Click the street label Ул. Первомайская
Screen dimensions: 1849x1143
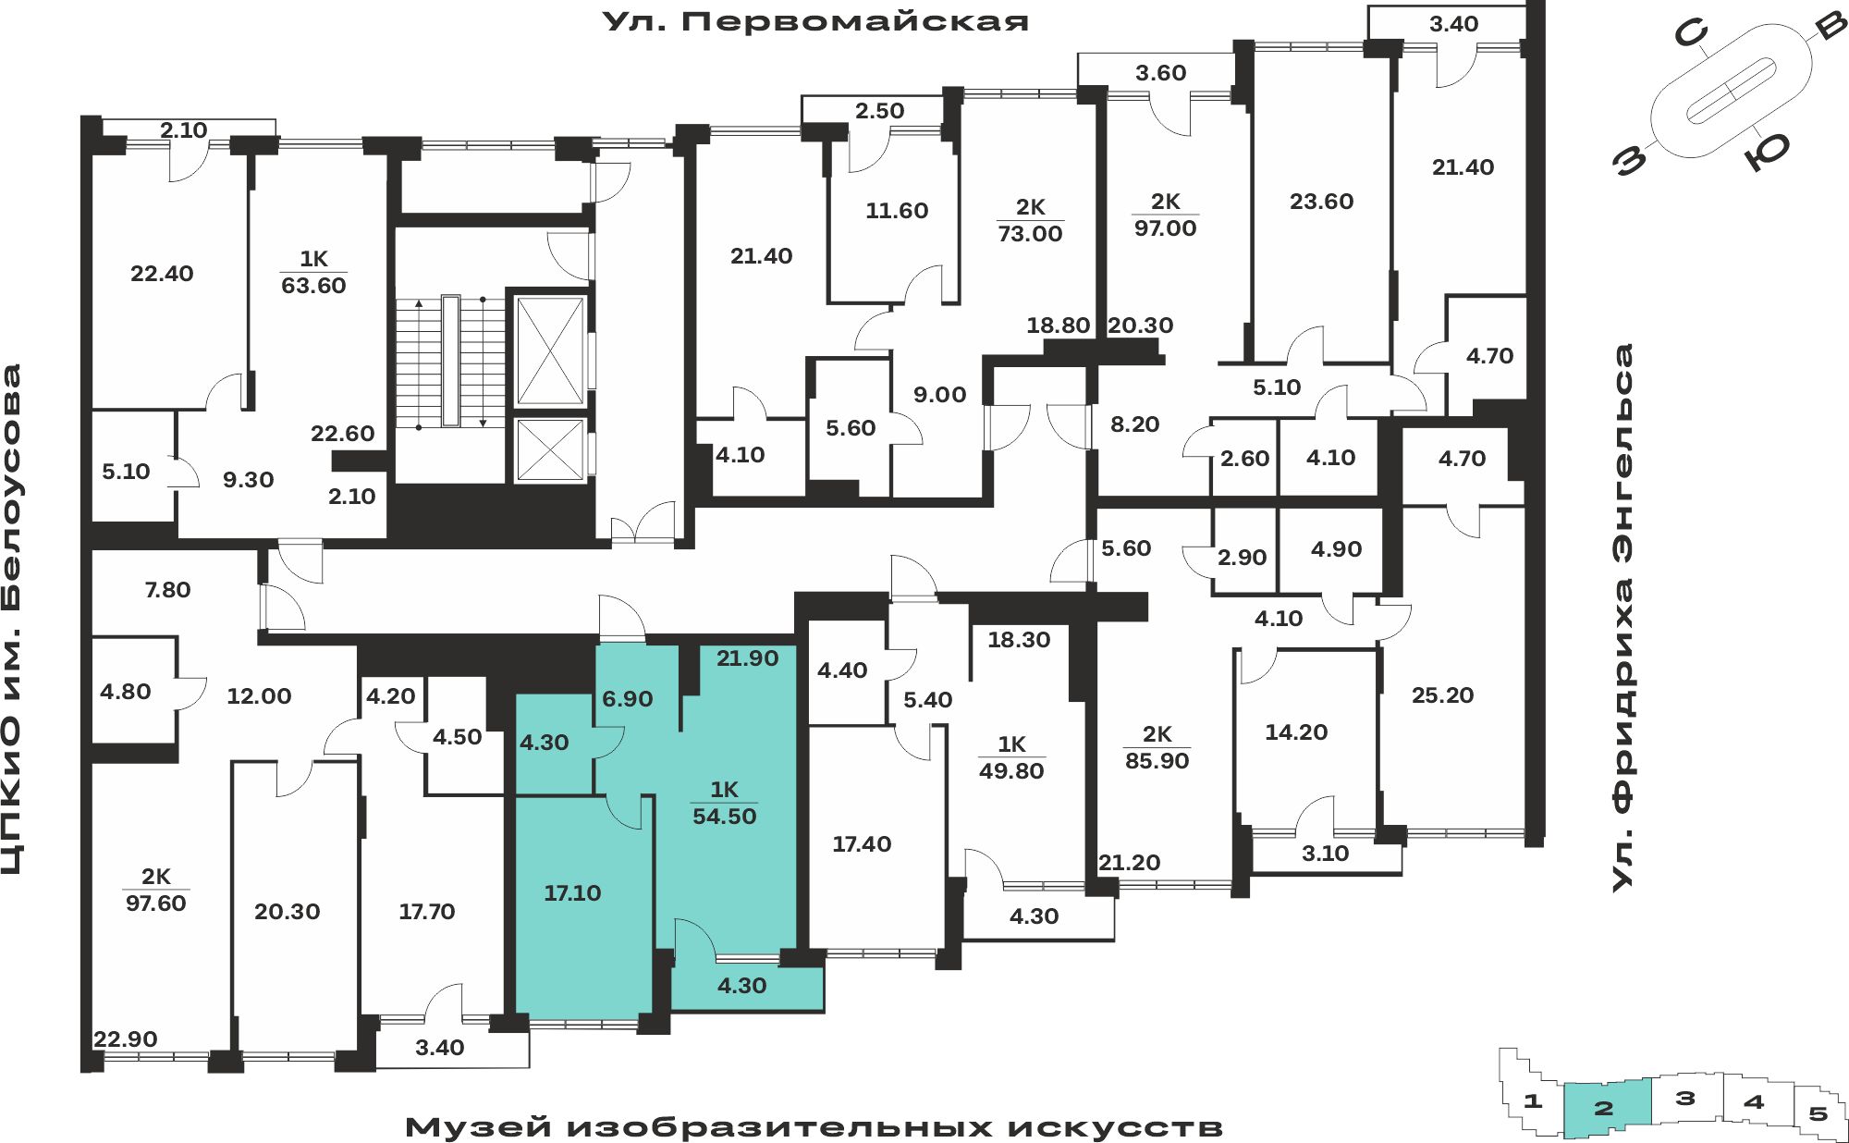tap(815, 21)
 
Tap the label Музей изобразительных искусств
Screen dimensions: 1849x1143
tap(814, 1127)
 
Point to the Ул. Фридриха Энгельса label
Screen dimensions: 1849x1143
tap(1622, 618)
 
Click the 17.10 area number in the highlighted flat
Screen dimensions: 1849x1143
tap(572, 893)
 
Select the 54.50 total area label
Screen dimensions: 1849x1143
tap(725, 817)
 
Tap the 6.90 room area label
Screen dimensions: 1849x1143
tap(628, 699)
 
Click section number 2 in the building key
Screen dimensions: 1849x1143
tap(1604, 1108)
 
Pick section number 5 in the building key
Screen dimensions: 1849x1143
tap(1818, 1113)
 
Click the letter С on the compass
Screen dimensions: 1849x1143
tap(1692, 35)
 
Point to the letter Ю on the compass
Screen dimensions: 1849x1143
tap(1767, 152)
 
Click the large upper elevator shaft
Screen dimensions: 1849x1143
tap(550, 350)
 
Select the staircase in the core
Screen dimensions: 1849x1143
tap(451, 362)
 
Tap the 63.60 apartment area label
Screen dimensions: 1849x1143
tap(313, 286)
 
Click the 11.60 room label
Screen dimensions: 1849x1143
tap(897, 211)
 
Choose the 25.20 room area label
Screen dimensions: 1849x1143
tap(1442, 695)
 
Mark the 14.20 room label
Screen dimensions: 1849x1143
tap(1296, 732)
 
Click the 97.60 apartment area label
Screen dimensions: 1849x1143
tap(156, 903)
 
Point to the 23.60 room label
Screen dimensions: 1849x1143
tap(1321, 202)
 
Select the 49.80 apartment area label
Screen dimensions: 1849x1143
tap(1011, 771)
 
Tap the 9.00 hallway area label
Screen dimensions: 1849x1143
tap(939, 395)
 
